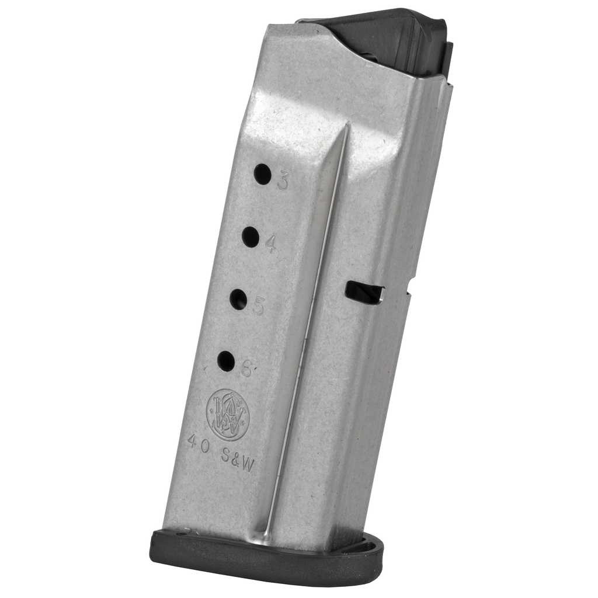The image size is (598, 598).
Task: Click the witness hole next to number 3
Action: click(263, 174)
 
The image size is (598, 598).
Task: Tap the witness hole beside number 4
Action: click(251, 237)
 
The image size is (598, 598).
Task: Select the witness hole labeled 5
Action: click(238, 299)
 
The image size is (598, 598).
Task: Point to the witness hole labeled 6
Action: click(226, 361)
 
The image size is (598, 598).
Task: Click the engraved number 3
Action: click(283, 182)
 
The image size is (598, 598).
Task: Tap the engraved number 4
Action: click(270, 244)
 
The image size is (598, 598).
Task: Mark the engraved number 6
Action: click(246, 369)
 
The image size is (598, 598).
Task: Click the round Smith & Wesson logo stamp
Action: click(228, 415)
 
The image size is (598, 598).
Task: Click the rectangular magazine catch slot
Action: click(364, 292)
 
